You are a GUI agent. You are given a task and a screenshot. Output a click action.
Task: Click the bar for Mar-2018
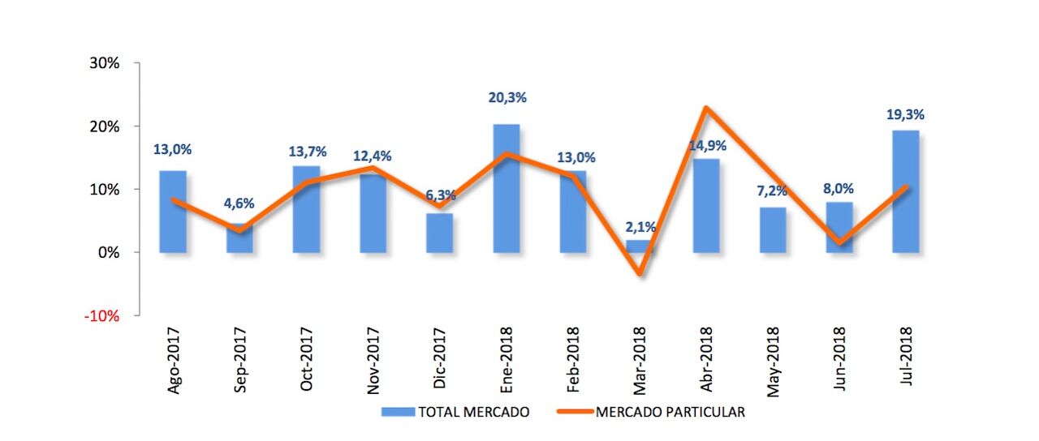[x=640, y=246]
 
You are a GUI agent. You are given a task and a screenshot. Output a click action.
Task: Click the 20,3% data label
[x=507, y=97]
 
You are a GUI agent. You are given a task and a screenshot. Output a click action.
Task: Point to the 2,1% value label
[x=640, y=227]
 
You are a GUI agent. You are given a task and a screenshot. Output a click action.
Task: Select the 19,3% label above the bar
[x=905, y=114]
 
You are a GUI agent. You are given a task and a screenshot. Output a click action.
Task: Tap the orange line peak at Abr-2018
[x=707, y=108]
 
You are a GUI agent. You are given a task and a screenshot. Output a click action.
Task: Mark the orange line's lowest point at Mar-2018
[x=640, y=274]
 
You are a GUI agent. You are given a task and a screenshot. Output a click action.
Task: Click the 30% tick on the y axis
[x=104, y=63]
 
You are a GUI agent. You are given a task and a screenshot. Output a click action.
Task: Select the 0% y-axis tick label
[x=109, y=252]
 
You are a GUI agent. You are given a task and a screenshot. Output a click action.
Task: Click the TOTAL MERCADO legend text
[x=473, y=412]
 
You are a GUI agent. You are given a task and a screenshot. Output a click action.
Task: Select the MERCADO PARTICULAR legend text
[x=670, y=412]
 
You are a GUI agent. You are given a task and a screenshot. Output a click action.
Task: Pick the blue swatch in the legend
[x=398, y=412]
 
